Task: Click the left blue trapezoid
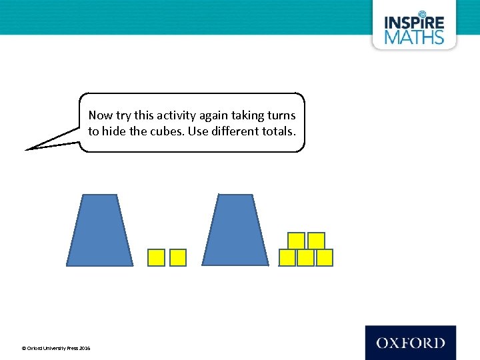[x=100, y=230]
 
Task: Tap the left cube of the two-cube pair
[x=156, y=257]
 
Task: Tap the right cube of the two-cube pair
[x=178, y=257]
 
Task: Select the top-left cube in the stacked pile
[x=297, y=241]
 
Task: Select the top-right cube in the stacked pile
[x=316, y=241]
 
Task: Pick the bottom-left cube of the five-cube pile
[x=287, y=257]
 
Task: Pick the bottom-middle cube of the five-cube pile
[x=305, y=257]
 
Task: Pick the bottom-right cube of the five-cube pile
[x=324, y=257]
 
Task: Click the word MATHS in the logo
[x=414, y=36]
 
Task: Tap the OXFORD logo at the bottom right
[x=410, y=343]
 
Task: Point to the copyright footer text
[x=56, y=348]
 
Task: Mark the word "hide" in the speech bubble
[x=115, y=131]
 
